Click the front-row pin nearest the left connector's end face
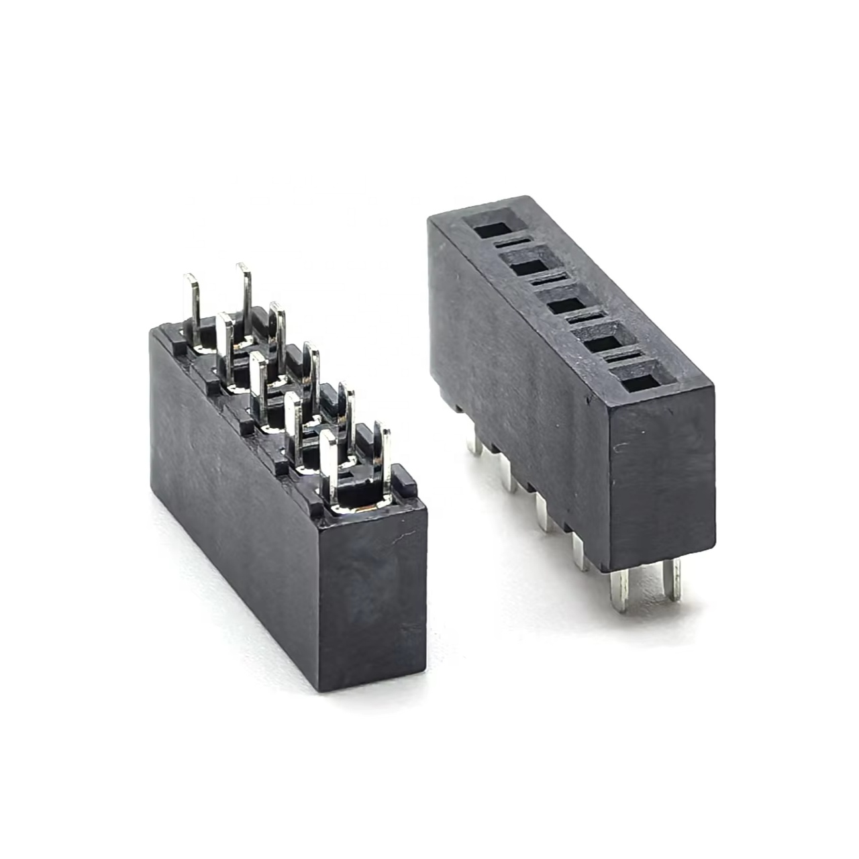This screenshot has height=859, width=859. click(x=328, y=463)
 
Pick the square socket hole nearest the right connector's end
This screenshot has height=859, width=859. click(x=643, y=383)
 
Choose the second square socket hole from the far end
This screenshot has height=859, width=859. click(x=530, y=266)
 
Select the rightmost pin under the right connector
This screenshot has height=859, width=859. click(x=673, y=581)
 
